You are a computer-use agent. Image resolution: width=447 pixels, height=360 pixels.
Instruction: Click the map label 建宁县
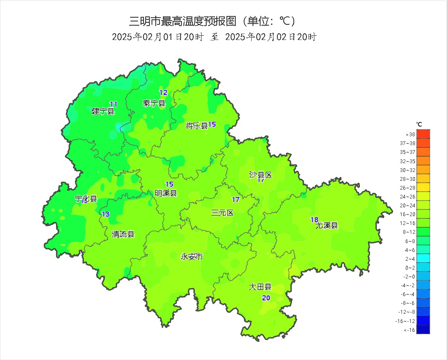point(103,111)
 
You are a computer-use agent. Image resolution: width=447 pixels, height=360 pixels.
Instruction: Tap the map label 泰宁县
point(154,103)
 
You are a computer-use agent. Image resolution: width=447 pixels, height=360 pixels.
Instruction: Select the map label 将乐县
point(197,126)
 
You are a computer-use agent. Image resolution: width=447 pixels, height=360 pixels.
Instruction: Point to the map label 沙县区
point(261,175)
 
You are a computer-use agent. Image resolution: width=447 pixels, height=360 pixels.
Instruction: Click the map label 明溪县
point(166,193)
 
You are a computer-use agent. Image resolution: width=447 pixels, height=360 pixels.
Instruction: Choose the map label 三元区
point(222,213)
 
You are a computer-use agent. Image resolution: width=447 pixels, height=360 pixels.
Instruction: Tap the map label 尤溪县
point(327,225)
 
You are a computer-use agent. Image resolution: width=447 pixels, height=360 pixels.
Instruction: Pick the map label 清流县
point(123,234)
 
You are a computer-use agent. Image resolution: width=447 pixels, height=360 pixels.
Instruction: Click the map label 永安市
point(192,257)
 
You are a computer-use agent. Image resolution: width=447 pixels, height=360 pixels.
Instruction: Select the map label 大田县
point(260,287)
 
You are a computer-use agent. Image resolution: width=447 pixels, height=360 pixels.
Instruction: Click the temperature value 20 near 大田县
point(266,298)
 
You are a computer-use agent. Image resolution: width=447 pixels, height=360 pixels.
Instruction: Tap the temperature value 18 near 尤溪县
point(314,220)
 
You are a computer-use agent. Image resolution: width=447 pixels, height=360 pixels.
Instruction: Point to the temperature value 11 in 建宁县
point(113,104)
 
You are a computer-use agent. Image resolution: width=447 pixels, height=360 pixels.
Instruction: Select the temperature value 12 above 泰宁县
point(163,93)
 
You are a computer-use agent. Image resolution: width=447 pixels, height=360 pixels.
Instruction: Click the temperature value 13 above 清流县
point(106,214)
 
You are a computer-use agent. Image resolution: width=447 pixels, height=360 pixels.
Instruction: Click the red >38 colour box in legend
point(423,134)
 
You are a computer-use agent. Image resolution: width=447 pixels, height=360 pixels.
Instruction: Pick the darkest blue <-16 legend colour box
point(423,330)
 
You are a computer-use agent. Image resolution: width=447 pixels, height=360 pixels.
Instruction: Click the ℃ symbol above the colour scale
point(419,124)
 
